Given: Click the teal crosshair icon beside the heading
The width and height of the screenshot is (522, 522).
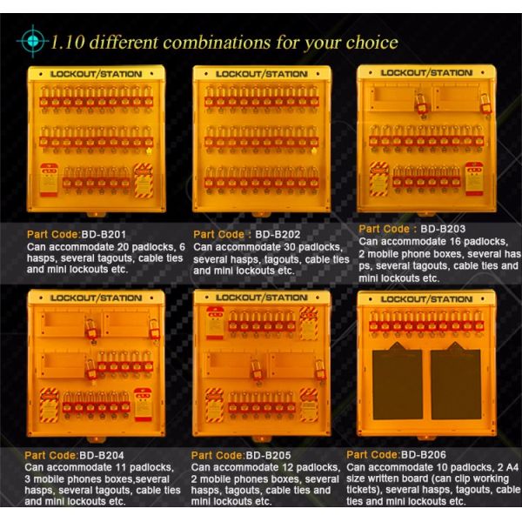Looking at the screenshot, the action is pos(32,41).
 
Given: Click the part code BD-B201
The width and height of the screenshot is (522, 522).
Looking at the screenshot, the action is pos(104,234).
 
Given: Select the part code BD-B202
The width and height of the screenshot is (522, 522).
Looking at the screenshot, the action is pos(278,234).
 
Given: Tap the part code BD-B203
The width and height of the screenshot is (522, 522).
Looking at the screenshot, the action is pos(443,229).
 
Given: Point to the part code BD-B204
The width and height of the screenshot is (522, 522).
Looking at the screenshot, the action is pos(102,455).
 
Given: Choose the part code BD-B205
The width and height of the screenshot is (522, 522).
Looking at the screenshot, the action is pos(268,455).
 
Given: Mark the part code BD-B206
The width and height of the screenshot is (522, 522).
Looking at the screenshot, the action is pos(424,454).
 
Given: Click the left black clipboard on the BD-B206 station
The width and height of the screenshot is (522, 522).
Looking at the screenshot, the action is pos(398,382).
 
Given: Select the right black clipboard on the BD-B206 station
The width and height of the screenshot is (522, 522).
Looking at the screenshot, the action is pos(456,382).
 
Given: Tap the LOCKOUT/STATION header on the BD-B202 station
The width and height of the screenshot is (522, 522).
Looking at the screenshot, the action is pos(262,74).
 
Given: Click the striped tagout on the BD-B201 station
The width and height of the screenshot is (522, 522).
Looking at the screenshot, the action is pos(144,180).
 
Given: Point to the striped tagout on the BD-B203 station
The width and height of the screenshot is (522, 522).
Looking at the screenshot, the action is pos(378,178).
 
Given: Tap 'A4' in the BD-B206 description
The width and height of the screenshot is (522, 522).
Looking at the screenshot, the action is pos(512,467).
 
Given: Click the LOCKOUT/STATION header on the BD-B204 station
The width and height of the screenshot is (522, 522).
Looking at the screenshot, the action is pos(97,298).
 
